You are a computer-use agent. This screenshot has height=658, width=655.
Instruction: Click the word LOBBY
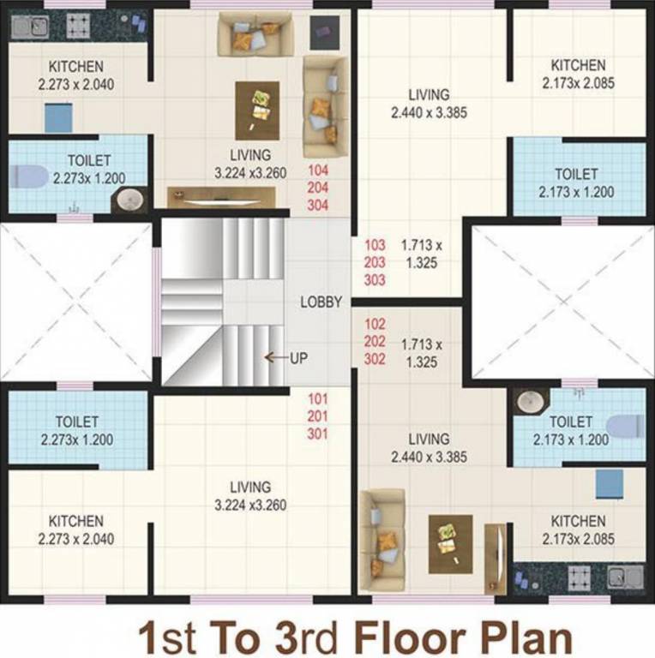[x=321, y=302]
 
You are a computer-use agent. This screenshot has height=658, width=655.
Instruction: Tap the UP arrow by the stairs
[x=275, y=357]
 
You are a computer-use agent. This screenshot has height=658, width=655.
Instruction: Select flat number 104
[x=318, y=170]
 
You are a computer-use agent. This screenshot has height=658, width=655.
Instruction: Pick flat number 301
[x=318, y=434]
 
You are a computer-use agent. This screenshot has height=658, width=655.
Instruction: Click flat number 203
[x=376, y=262]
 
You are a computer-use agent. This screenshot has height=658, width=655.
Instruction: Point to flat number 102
[x=376, y=325]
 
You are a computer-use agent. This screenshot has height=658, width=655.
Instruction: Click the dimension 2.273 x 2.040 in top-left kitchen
[x=76, y=84]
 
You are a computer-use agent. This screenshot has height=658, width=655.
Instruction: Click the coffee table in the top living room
[x=257, y=111]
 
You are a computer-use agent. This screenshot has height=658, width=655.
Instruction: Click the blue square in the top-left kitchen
[x=58, y=117]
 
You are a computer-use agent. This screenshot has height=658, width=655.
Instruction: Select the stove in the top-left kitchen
[x=76, y=26]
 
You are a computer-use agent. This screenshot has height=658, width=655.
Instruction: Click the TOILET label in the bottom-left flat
[x=76, y=422]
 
